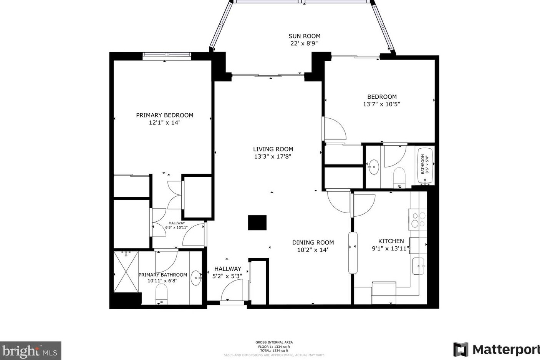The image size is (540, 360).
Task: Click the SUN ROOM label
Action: coord(304,36)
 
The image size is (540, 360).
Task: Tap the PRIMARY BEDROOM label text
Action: coord(164,115)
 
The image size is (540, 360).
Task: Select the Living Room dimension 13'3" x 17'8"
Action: coord(273,156)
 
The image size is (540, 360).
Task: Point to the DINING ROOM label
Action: coord(313,242)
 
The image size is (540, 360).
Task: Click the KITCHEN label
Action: coord(391,241)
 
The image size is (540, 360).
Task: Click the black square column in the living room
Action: coord(257,222)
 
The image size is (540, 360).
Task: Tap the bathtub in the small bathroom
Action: coord(425,164)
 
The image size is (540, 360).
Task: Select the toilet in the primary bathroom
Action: coord(161,294)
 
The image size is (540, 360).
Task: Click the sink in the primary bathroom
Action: coord(196,277)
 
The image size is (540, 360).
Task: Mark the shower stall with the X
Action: coord(126,271)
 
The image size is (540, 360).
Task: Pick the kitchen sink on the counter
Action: coord(418,266)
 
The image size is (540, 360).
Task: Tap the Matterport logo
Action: coord(496,350)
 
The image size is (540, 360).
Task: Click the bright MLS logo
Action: coord(30,351)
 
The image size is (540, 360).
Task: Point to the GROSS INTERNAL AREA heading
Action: coord(274,342)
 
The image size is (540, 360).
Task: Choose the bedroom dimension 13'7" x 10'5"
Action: coord(381,104)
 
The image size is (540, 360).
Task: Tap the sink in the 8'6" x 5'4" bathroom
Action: coord(373,167)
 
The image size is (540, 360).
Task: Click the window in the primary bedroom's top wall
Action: coord(167,56)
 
